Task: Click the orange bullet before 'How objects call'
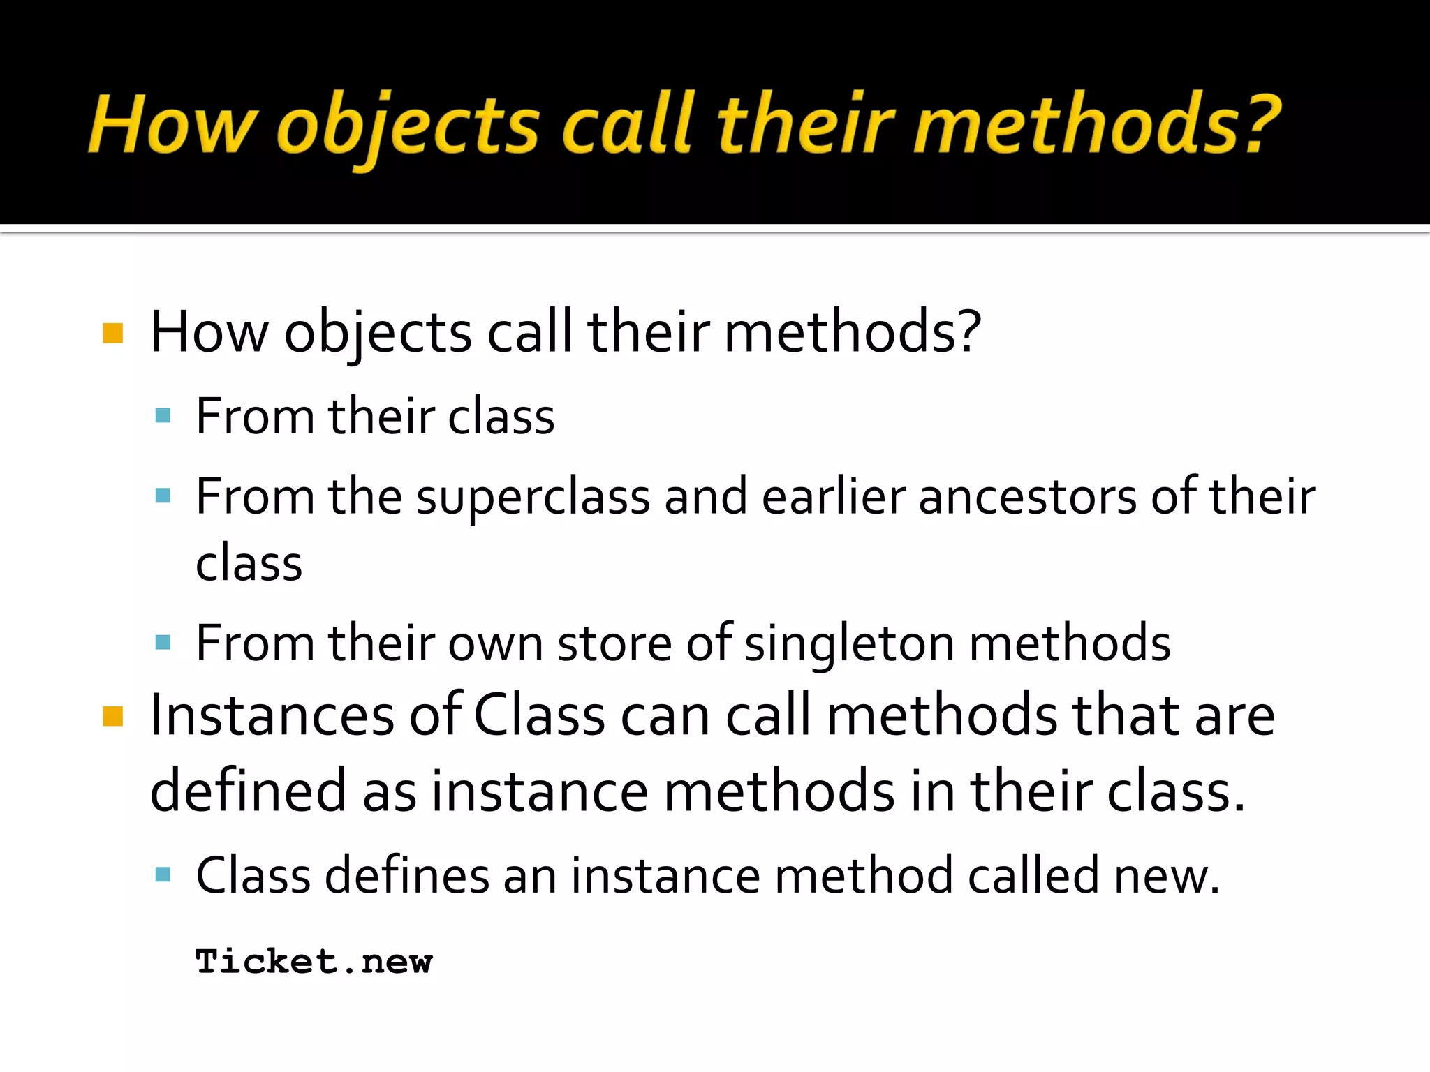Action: coord(112,333)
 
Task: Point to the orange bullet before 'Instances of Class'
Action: coord(112,716)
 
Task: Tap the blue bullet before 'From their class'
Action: coord(163,417)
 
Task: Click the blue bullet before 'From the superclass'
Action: coord(163,496)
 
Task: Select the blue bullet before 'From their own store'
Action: coord(163,643)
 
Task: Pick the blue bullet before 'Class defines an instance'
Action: coord(163,874)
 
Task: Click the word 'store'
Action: coord(614,643)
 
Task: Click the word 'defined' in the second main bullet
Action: coord(248,791)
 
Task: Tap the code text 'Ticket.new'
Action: coord(314,962)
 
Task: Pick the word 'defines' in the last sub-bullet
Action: coord(407,875)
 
